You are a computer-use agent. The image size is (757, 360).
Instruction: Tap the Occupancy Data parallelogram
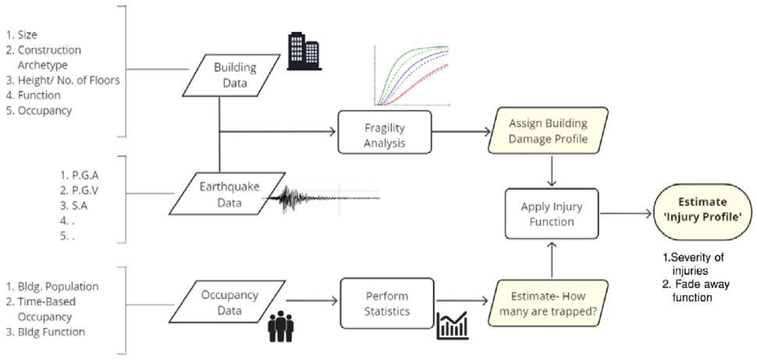click(229, 302)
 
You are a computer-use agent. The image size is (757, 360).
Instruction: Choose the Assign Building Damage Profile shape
click(548, 131)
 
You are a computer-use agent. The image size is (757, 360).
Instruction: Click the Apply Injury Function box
click(551, 214)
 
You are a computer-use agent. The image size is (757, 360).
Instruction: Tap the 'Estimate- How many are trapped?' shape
click(548, 303)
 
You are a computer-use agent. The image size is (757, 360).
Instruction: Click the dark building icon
click(304, 52)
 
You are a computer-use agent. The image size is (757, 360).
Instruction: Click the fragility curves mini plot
click(411, 76)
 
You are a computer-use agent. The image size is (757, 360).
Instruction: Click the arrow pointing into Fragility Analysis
click(278, 131)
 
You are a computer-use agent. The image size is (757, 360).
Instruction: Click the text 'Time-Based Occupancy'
click(41, 309)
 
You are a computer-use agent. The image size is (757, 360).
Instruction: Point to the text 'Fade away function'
click(695, 291)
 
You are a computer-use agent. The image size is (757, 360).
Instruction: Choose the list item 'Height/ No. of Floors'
click(62, 80)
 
